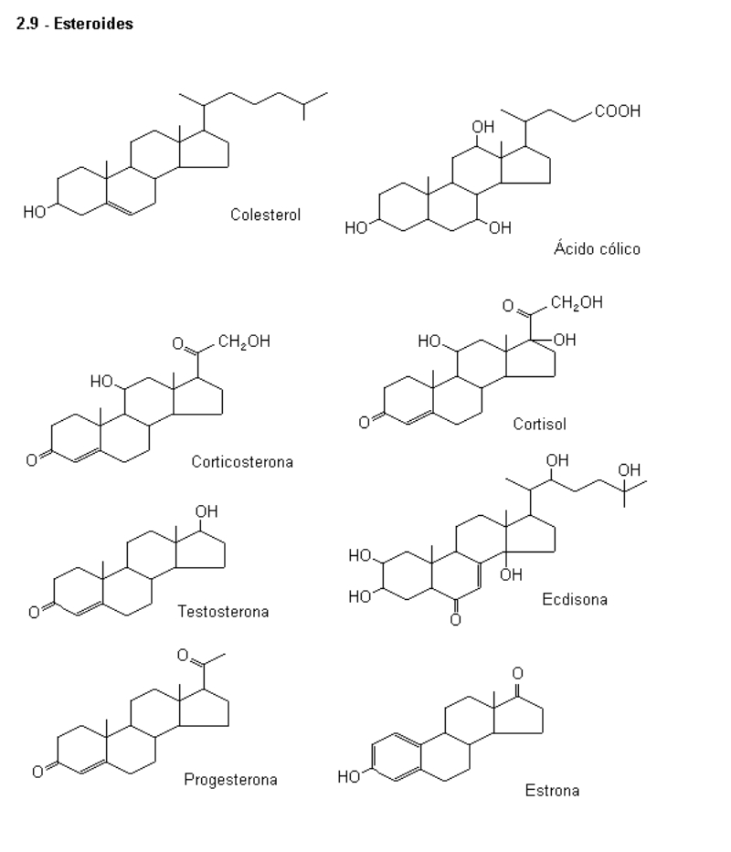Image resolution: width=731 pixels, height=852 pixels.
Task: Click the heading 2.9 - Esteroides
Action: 75,25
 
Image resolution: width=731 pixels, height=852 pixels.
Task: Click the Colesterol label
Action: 266,216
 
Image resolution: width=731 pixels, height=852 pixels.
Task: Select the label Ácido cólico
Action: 597,248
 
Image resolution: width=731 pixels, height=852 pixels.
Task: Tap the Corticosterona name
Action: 242,461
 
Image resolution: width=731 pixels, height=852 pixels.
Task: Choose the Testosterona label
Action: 223,611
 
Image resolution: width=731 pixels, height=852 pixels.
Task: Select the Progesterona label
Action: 230,779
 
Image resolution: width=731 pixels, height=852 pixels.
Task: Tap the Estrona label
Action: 552,790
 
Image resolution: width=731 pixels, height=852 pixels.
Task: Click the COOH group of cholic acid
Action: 618,111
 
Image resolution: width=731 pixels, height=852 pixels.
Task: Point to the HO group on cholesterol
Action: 35,213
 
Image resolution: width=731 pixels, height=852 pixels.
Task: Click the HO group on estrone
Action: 348,778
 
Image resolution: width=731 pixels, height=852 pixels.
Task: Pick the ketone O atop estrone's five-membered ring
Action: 518,673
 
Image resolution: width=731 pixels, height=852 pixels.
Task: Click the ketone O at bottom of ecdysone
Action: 455,621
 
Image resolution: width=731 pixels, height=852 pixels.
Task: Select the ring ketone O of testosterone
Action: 34,612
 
